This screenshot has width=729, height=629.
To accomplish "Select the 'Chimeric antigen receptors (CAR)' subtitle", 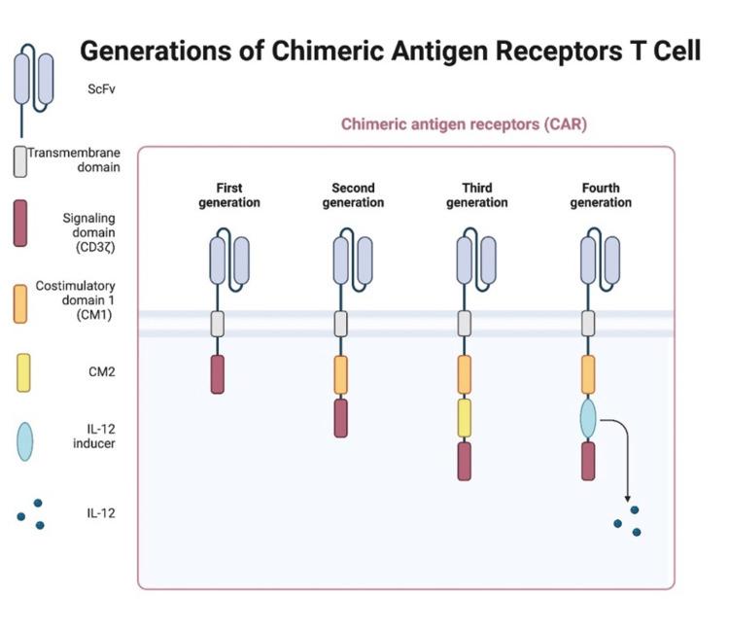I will pos(464,124).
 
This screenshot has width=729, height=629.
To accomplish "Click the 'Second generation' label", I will pos(353,195).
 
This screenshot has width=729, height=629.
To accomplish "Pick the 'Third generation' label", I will pos(477,195).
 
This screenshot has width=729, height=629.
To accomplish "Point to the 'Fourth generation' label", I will pos(602,195).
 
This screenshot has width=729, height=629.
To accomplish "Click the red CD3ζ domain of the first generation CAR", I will pos(218,374).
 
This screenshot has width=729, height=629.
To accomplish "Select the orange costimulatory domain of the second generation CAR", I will pos(340,374).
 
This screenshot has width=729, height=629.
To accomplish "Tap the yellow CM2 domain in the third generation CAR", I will pos(465,417).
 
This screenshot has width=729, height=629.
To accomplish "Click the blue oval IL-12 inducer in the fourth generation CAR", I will pos(588,418).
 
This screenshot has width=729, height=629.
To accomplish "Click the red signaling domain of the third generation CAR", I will pos(465,461).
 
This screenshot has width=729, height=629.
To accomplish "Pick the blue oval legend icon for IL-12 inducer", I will pos(23,440).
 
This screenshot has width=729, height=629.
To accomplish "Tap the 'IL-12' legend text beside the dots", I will pos(100,512).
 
